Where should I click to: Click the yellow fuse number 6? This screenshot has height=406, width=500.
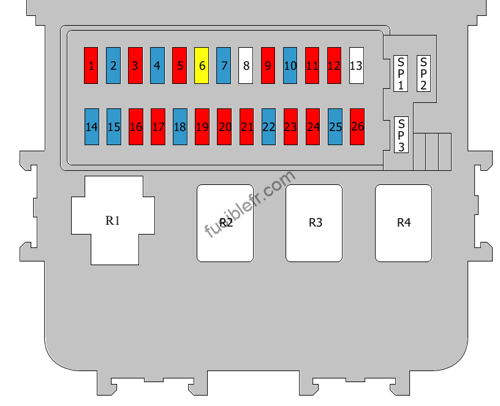tap(202, 66)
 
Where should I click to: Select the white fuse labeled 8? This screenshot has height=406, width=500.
tap(246, 66)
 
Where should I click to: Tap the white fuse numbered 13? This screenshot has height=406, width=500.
tap(357, 66)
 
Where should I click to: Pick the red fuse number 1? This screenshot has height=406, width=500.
tap(91, 66)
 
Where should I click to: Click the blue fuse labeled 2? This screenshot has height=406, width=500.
tap(113, 66)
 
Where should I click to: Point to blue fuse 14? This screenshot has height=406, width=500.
tap(92, 127)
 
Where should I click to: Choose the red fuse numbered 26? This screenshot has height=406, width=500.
tap(357, 127)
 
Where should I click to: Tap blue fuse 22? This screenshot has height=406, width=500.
tap(268, 127)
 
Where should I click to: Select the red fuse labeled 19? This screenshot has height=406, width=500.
tap(202, 127)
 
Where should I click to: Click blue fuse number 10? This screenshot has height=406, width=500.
tap(290, 66)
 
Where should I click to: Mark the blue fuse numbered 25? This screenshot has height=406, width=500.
tap(335, 127)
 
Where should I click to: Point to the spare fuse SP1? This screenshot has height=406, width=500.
tap(401, 73)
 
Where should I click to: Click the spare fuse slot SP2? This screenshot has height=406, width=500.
tap(423, 73)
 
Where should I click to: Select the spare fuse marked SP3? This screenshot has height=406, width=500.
tap(401, 135)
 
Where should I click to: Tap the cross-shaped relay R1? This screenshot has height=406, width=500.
tap(113, 220)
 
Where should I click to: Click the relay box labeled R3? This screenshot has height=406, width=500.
tap(314, 223)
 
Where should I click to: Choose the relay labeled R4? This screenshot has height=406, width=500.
tap(403, 223)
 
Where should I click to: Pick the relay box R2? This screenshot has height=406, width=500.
tap(225, 223)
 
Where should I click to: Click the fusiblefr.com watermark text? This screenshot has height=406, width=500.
tap(249, 205)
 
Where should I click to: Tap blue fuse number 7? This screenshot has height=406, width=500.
tap(224, 66)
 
